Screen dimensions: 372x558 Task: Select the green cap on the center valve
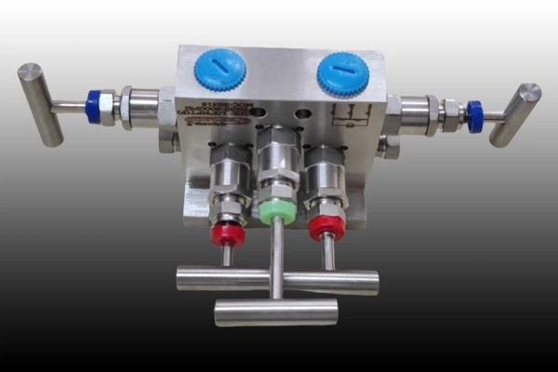[277, 210]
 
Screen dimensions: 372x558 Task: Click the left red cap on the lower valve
[227, 232]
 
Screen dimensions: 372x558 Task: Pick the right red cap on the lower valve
[326, 226]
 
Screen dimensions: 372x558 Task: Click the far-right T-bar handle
[516, 114]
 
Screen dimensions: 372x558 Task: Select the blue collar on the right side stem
[475, 115]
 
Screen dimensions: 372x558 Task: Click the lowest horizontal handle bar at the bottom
[276, 312]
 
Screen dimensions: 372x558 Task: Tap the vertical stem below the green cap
[277, 260]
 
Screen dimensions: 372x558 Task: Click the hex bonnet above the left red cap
[227, 177]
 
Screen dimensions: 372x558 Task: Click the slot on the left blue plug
[220, 67]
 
